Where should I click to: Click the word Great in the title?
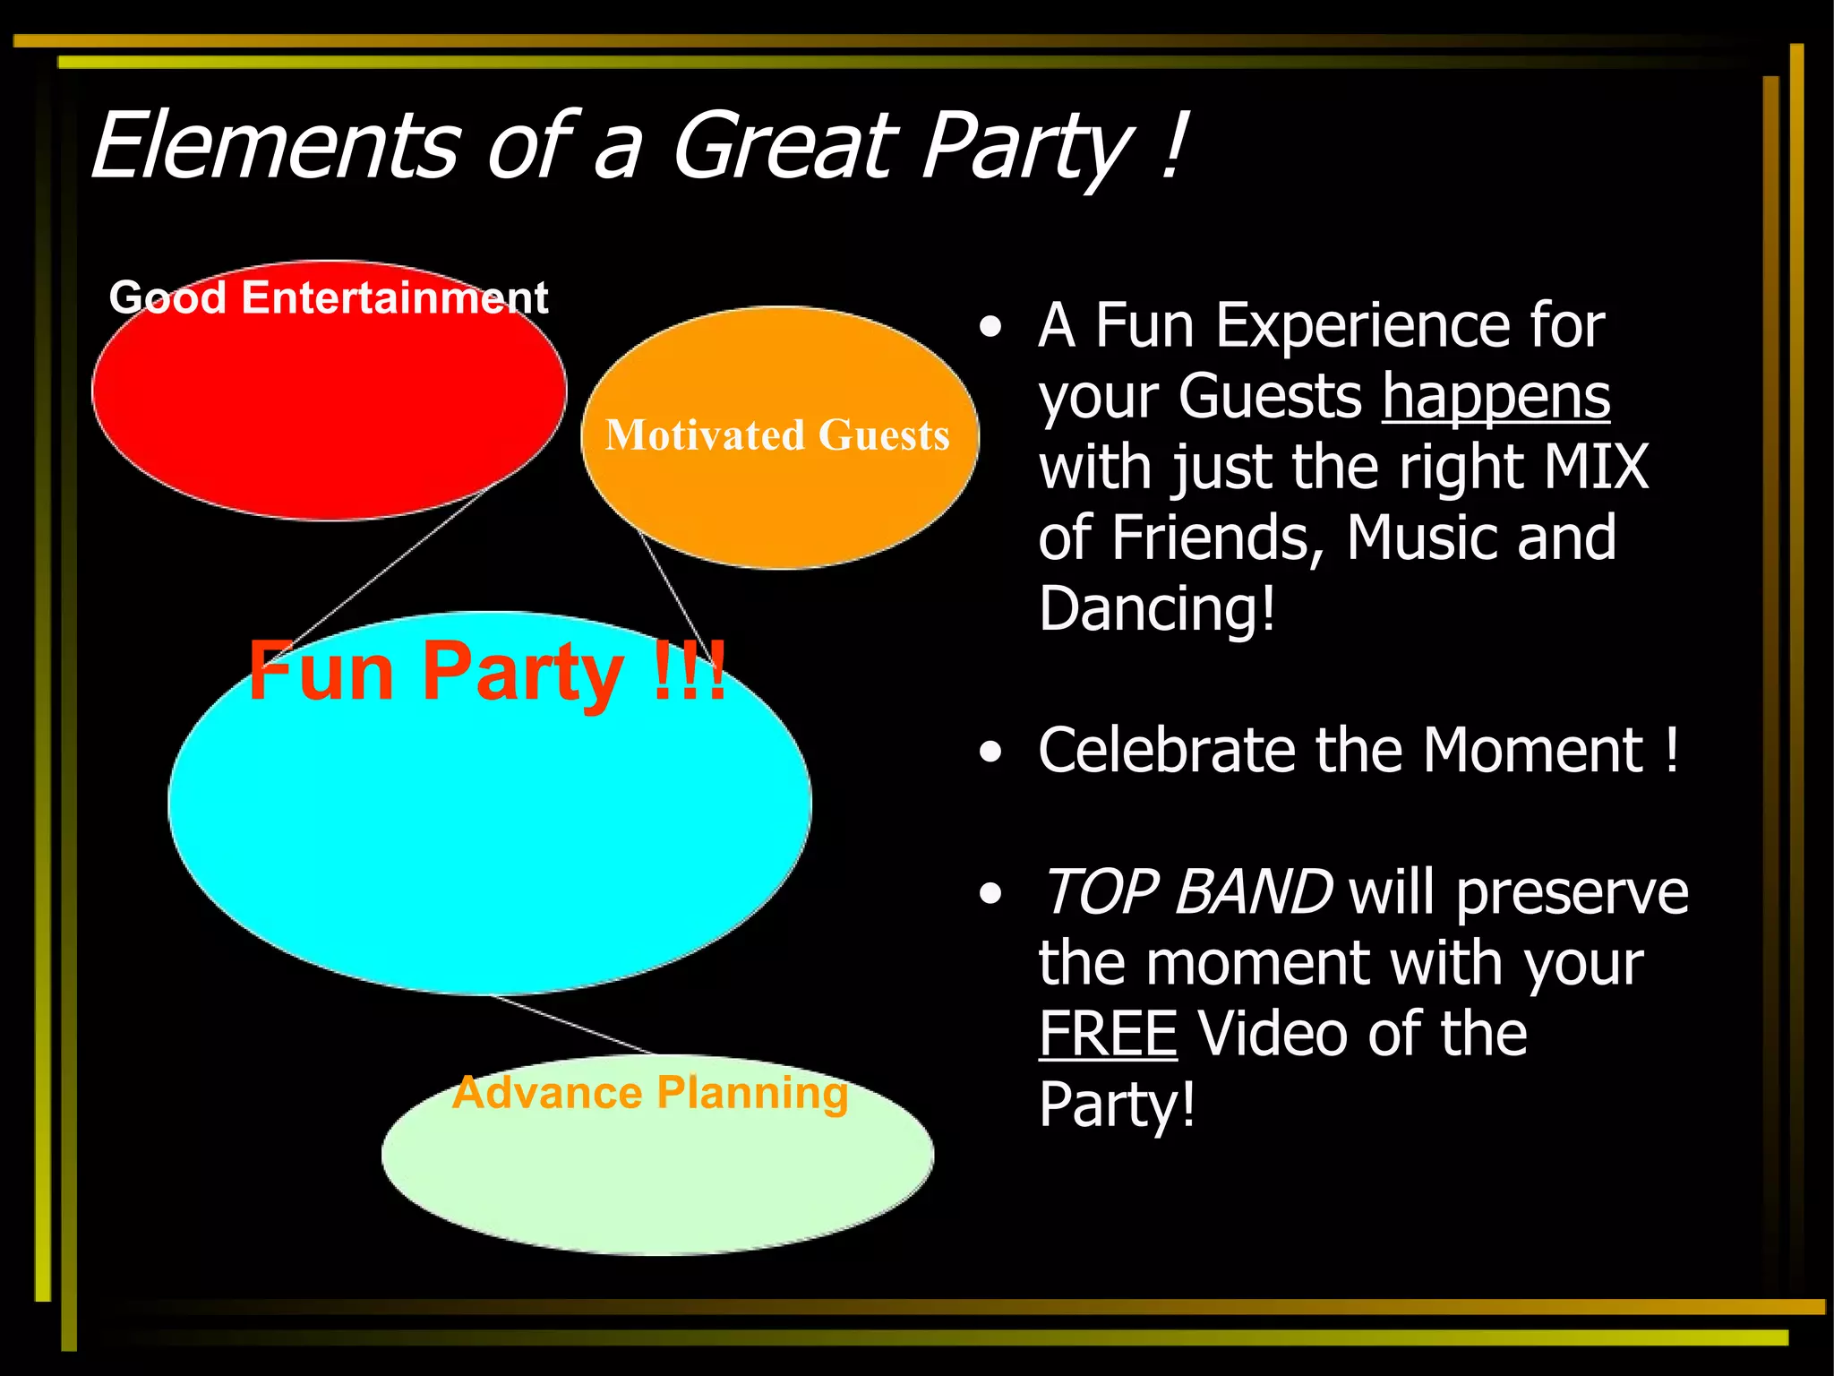pos(784,146)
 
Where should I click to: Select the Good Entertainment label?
pos(328,297)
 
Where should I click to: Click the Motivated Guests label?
pos(777,435)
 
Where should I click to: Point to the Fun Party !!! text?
pos(486,672)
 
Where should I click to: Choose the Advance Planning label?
pos(650,1093)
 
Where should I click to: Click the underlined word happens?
pos(1495,396)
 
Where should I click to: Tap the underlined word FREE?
pos(1108,1034)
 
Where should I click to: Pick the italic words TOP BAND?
pos(1187,892)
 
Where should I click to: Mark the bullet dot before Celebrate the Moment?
pos(990,752)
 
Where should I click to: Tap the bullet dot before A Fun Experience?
pos(990,328)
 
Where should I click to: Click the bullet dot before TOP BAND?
pos(990,894)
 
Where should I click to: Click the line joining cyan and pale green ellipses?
pos(573,1025)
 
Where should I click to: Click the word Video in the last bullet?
pos(1272,1034)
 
